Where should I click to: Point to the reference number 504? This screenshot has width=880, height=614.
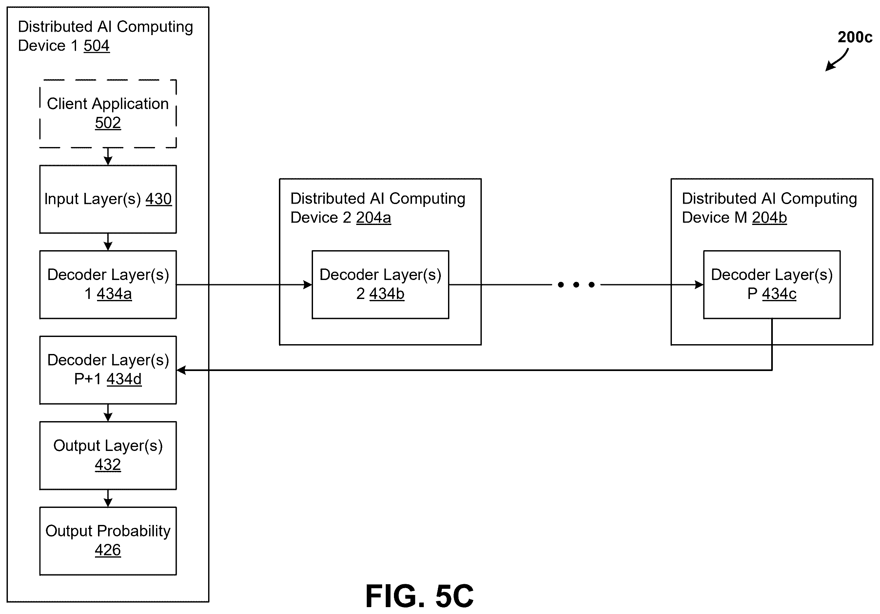[97, 46]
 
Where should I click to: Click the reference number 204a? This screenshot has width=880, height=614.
[374, 217]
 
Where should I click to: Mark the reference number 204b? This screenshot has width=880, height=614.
[770, 217]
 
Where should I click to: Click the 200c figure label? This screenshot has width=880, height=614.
[855, 37]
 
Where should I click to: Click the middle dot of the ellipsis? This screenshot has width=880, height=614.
[576, 285]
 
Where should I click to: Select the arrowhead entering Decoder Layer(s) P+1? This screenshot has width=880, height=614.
[182, 370]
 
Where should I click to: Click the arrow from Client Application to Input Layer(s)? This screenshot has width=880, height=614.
[108, 157]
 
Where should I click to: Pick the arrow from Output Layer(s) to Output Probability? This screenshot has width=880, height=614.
[108, 498]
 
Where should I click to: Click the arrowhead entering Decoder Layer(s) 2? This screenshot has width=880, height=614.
[307, 285]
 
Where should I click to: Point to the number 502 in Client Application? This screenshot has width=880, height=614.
[108, 123]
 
